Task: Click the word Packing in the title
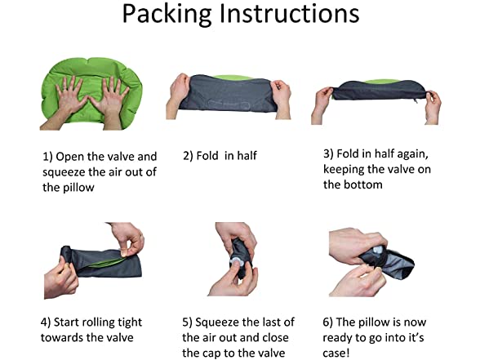pos(167,14)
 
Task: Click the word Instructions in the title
pos(290,13)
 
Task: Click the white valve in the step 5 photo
pos(236,262)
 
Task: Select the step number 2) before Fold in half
pos(188,156)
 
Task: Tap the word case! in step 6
pos(336,353)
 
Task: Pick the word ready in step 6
pos(337,338)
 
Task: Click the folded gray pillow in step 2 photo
pos(228,93)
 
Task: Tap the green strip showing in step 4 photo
pos(106,262)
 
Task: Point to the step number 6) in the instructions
pos(327,322)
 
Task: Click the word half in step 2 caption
pos(247,155)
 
